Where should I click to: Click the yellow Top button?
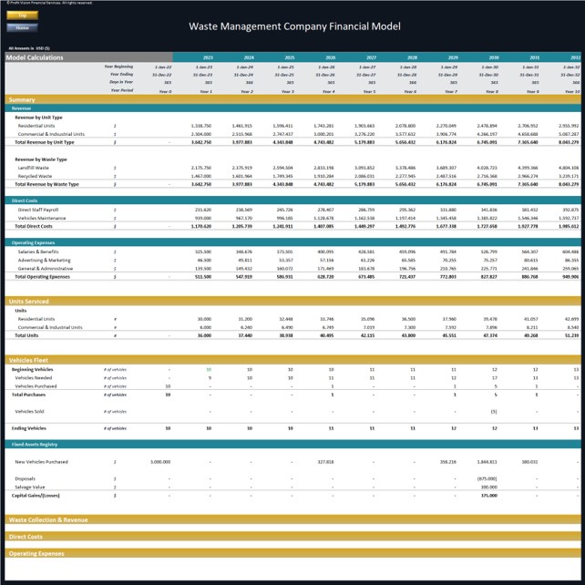click(x=23, y=16)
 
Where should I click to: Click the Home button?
click(x=23, y=26)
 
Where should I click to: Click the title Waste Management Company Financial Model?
click(x=292, y=26)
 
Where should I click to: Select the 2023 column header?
click(x=208, y=57)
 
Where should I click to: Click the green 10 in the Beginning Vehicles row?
click(x=209, y=369)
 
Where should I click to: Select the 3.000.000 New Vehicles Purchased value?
click(x=160, y=462)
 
